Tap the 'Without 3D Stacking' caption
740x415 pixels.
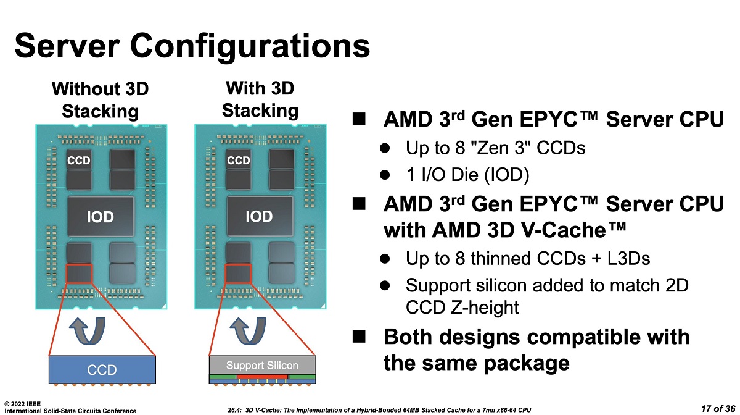coord(101,100)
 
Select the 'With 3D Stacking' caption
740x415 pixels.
coord(260,99)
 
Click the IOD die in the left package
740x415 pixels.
coord(101,217)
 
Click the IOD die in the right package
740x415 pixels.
coord(259,217)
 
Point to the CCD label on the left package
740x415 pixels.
coord(79,161)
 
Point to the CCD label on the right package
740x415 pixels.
coord(238,161)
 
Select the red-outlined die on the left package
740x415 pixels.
coord(79,273)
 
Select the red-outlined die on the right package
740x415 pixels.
coord(238,273)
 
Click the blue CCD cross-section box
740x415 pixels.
coord(102,369)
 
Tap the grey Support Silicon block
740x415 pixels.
coord(262,365)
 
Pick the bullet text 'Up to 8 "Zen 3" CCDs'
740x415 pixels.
coord(495,148)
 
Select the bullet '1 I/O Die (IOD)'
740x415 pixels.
coord(467,175)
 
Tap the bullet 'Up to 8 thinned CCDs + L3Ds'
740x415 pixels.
coord(528,258)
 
